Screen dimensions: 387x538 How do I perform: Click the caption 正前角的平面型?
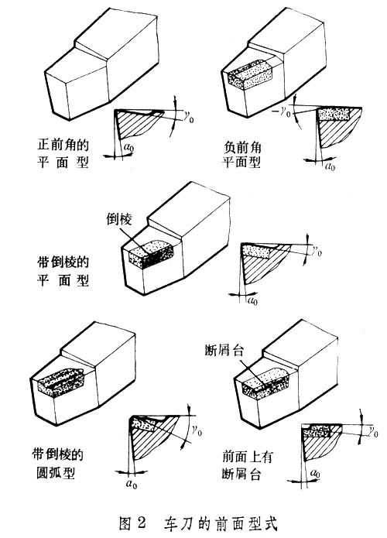[x=63, y=152]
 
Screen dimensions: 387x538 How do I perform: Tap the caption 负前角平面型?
[x=242, y=154]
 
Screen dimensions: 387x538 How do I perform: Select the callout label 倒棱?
[x=119, y=220]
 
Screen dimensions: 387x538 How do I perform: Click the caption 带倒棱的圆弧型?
[x=57, y=463]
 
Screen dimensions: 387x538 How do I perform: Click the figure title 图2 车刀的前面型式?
[x=198, y=523]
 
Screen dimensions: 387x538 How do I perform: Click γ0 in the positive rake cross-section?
[x=188, y=118]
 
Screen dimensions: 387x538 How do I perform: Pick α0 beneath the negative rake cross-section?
[x=330, y=167]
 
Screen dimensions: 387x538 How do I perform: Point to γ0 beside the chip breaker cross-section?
[x=372, y=432]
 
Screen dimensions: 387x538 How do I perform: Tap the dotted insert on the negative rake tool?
[x=251, y=74]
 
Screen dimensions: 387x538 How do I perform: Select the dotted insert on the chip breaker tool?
[x=265, y=383]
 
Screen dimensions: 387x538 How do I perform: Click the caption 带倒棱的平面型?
[x=63, y=271]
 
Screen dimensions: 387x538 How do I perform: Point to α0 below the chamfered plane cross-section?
[x=252, y=301]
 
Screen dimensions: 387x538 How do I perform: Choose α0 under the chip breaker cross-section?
[x=314, y=474]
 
